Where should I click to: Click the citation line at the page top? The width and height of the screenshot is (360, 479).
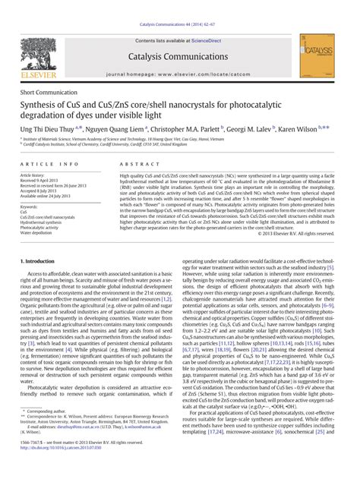[180, 5]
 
